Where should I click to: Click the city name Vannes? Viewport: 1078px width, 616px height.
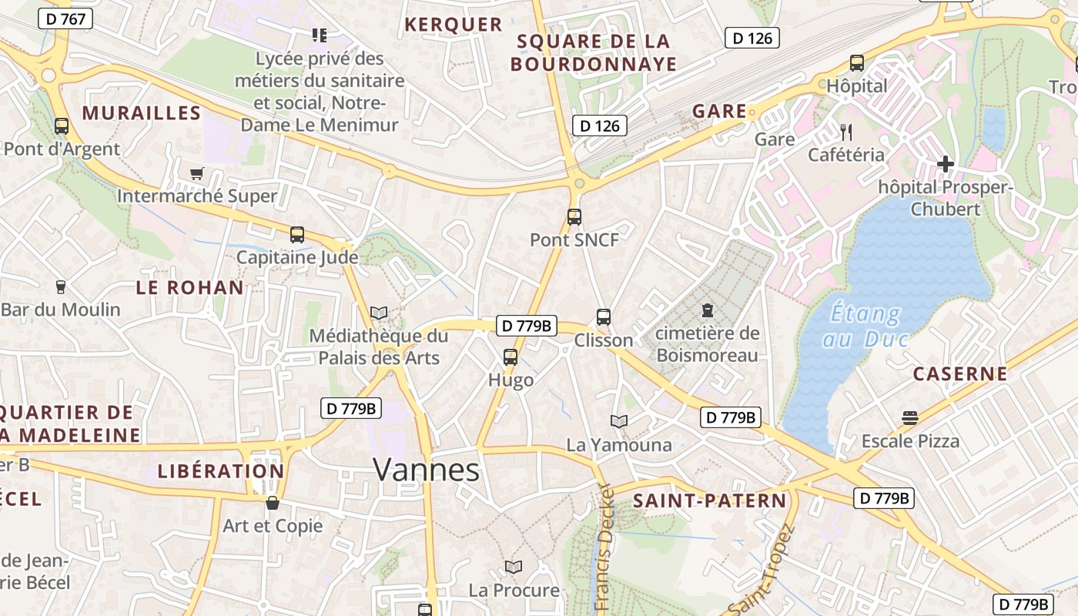point(426,469)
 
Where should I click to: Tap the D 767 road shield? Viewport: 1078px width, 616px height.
point(65,19)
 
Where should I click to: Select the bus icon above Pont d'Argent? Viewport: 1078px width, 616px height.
point(62,126)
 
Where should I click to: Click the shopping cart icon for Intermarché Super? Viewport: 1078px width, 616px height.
point(197,173)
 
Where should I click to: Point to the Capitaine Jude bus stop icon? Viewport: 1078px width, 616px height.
point(297,235)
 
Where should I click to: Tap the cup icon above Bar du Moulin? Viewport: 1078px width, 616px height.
point(61,287)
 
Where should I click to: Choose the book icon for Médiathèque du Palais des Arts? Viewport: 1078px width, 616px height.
point(378,313)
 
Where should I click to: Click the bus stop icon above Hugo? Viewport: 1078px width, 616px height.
point(511,357)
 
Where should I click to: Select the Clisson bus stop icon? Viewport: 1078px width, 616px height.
point(604,317)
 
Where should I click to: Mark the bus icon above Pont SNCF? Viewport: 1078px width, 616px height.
point(574,217)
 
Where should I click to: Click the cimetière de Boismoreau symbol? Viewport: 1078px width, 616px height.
point(707,310)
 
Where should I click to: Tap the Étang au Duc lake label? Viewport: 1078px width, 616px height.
point(865,326)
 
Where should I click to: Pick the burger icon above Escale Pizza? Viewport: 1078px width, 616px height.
point(910,418)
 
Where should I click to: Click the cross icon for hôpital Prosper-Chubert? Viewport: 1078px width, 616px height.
point(946,164)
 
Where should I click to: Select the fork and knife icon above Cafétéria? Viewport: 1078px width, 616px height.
point(846,132)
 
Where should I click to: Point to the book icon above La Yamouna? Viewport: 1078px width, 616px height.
point(619,421)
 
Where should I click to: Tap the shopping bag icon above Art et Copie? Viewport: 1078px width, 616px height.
point(273,503)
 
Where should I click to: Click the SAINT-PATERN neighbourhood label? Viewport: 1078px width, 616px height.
point(710,501)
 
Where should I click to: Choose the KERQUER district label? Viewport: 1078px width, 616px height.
point(453,25)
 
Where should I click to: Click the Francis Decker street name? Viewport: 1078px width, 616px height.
point(605,547)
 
